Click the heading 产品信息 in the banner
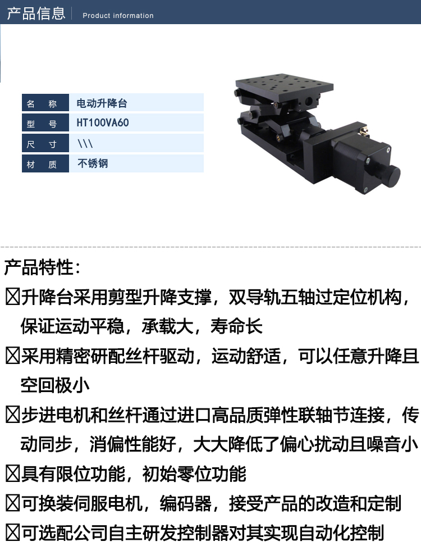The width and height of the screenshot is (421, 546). tap(36, 13)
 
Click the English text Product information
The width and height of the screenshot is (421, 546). tap(118, 16)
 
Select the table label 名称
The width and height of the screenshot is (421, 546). tap(42, 103)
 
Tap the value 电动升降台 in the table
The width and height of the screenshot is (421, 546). tap(102, 103)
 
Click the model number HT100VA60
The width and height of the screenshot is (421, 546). tap(103, 122)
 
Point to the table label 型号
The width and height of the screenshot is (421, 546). tap(42, 124)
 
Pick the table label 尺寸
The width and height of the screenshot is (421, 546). tap(42, 144)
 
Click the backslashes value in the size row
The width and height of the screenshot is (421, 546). tap(85, 143)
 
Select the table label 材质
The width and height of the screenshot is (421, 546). tap(42, 164)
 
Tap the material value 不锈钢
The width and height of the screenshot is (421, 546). tap(93, 163)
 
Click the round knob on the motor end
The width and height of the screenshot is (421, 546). tap(390, 175)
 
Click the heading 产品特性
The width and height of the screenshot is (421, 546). tap(42, 267)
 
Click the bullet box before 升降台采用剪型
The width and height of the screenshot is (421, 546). tap(12, 297)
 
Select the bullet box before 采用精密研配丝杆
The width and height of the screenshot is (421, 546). tap(12, 356)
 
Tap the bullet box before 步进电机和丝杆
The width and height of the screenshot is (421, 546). tap(12, 415)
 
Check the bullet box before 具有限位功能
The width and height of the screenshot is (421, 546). tap(12, 474)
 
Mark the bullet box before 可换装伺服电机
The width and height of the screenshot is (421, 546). tap(12, 503)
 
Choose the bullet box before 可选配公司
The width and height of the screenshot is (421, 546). tap(12, 533)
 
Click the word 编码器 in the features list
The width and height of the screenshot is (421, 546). tap(185, 503)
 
